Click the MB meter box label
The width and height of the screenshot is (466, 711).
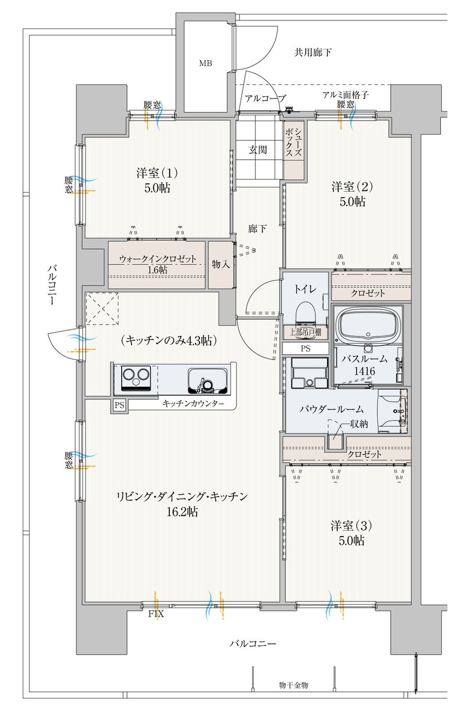[x=206, y=63]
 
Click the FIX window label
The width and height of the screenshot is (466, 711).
[x=156, y=614]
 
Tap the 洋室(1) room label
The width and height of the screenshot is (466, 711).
[x=157, y=173]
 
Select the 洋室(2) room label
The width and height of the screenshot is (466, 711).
[x=352, y=186]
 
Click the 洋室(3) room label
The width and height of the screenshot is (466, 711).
[x=351, y=526]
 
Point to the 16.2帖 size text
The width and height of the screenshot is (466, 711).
[x=183, y=511]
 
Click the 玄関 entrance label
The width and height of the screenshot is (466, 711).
[x=257, y=150]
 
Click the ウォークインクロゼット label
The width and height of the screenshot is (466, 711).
[x=157, y=259]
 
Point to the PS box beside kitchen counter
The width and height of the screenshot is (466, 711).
[x=120, y=405]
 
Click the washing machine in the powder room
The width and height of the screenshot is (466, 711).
[x=310, y=373]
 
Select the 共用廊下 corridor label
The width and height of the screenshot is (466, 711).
[x=313, y=52]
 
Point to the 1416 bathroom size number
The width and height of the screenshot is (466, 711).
[x=365, y=371]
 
